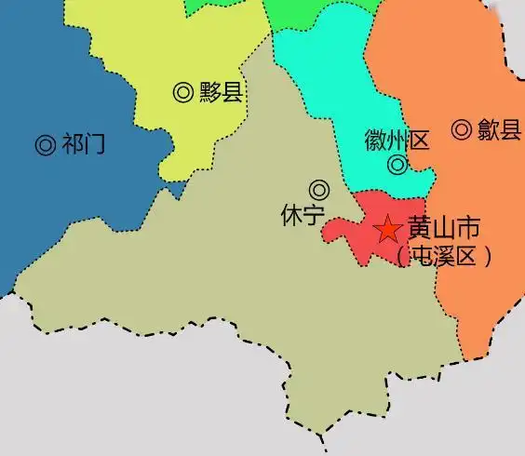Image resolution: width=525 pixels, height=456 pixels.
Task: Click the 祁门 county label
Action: click(83, 144)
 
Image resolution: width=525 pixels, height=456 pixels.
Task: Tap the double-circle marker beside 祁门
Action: click(44, 144)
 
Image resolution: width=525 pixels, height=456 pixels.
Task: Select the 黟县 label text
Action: click(221, 92)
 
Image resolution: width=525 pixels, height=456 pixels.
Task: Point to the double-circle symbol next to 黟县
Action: click(183, 92)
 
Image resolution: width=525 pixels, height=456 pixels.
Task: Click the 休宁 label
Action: click(302, 214)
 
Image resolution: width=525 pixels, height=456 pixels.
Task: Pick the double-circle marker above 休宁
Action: click(319, 189)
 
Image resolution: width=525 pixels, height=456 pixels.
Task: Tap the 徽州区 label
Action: click(397, 141)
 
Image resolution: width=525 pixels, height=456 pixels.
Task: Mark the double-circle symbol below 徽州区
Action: click(397, 167)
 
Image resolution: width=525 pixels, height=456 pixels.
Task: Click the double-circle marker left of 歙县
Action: click(462, 130)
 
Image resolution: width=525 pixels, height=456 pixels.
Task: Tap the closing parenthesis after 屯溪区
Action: click(486, 255)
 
